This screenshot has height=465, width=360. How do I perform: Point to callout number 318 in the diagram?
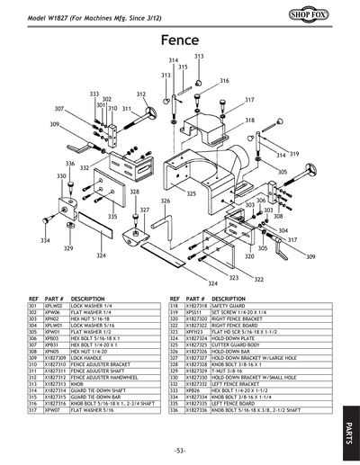tap(249, 120)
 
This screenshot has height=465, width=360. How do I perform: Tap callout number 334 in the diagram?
tap(44, 241)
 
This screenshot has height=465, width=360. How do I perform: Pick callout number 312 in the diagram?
tap(141, 94)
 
